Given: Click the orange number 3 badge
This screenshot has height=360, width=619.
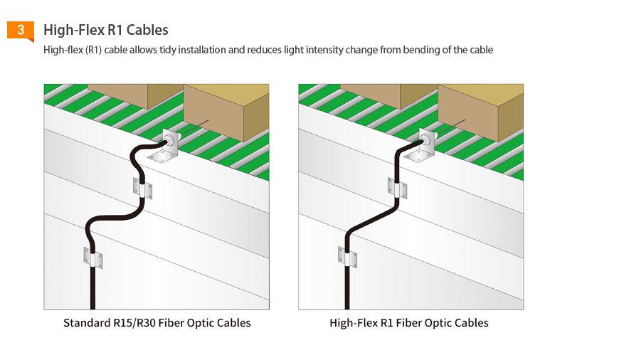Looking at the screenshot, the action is (x=21, y=31).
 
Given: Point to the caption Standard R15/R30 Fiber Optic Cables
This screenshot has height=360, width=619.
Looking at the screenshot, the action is (x=157, y=323).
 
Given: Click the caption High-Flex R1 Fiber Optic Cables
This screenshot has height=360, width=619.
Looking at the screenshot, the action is (x=409, y=323).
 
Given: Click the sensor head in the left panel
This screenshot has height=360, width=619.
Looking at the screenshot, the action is (x=171, y=140).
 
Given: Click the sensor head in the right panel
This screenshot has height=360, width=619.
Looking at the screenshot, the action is (x=426, y=139).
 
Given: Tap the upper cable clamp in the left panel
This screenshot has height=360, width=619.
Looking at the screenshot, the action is (x=142, y=189).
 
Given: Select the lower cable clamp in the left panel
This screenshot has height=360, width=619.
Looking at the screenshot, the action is (x=93, y=258).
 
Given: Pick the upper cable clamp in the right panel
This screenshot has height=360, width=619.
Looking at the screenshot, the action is (x=397, y=189).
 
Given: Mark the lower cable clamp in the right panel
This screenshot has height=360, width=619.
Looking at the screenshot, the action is (x=348, y=258).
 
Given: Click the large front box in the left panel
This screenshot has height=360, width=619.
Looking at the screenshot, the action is (x=226, y=112).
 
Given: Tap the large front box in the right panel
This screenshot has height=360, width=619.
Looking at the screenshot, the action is (x=481, y=112).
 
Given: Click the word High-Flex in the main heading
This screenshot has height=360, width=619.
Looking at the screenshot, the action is (x=74, y=30).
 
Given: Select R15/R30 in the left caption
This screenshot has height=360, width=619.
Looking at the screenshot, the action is (x=134, y=323).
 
